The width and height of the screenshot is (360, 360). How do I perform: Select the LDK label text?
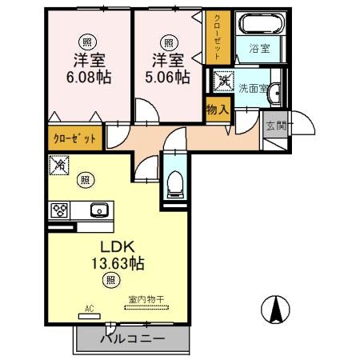coord(115,246)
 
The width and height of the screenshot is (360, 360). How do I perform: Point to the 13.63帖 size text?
coord(115,263)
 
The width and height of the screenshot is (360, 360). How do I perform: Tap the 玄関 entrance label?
coord(275,125)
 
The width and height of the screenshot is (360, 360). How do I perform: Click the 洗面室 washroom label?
coord(250,89)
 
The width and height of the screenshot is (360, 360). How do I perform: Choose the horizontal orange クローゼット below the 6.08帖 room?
coord(75,138)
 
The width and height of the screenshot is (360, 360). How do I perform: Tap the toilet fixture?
coord(175,182)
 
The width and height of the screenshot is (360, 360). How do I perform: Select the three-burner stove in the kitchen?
coord(60,211)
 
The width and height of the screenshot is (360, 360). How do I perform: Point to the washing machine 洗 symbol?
coord(223,81)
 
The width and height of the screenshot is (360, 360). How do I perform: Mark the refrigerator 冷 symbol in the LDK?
coord(60,166)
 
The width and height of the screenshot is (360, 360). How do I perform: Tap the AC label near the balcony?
coord(89,307)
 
